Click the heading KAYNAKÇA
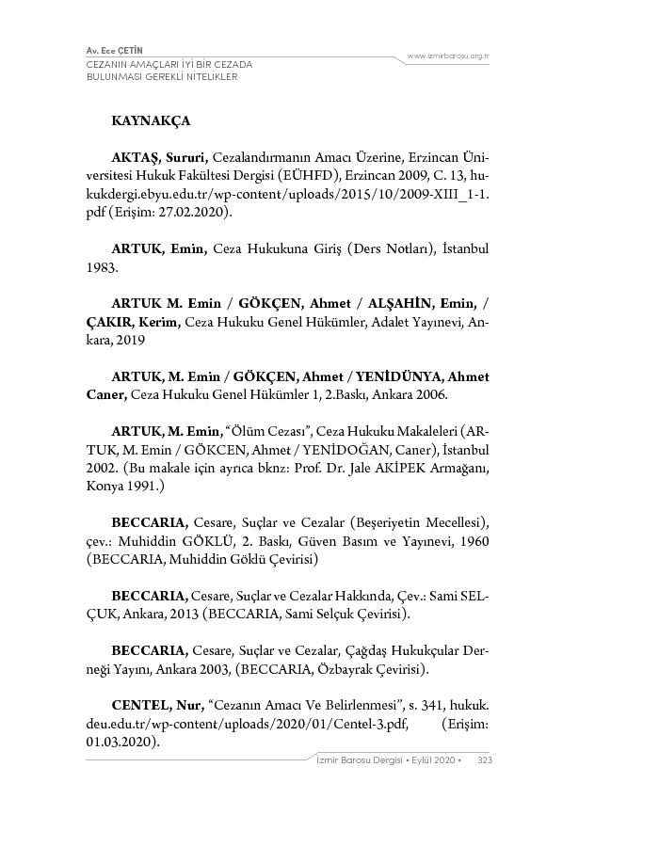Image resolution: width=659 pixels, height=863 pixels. point(151,121)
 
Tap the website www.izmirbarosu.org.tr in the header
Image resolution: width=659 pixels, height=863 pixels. point(448,56)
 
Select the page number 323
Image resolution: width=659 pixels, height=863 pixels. point(486,759)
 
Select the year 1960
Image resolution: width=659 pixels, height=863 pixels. point(474,541)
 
